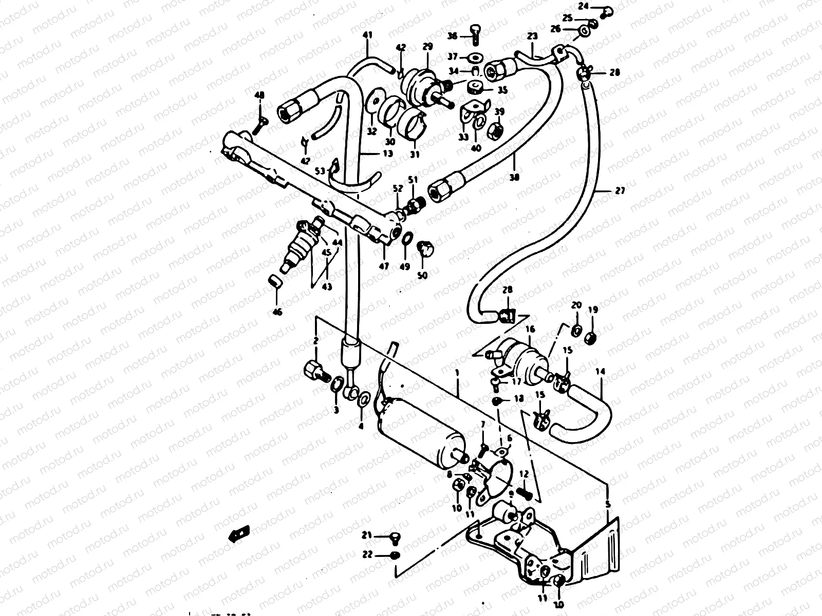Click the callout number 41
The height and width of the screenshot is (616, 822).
(367, 35)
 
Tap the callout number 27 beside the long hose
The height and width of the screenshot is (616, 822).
(620, 190)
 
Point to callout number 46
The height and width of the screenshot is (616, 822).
(277, 311)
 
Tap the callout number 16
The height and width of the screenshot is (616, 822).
(530, 330)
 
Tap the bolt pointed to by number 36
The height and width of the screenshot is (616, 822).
(475, 35)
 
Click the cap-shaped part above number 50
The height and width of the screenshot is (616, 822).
(424, 248)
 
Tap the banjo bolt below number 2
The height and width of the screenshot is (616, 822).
(314, 371)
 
